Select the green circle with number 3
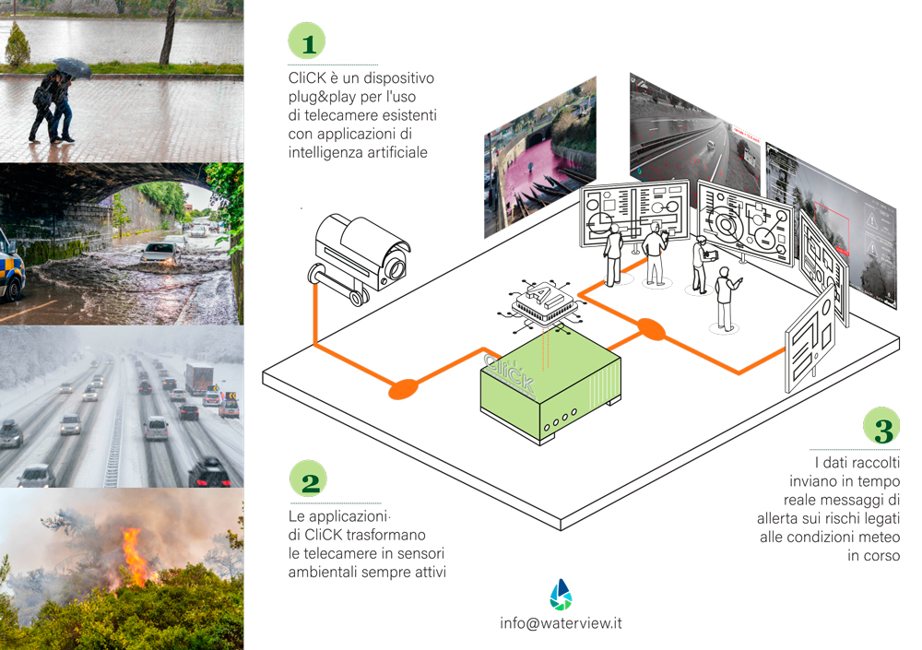(883, 430)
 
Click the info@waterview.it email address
(561, 622)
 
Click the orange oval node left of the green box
(402, 390)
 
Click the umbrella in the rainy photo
(72, 66)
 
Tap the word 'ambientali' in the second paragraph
(324, 571)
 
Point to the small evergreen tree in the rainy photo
(18, 46)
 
